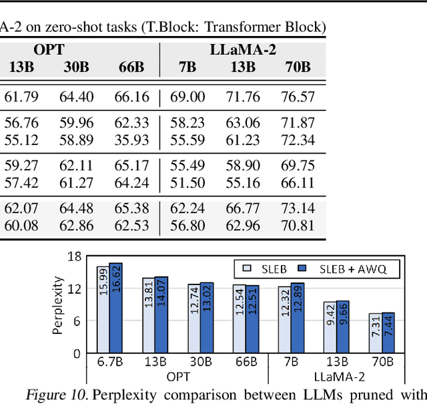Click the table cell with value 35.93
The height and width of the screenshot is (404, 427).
pyautogui.click(x=131, y=140)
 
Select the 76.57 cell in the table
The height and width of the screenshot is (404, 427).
pyautogui.click(x=298, y=97)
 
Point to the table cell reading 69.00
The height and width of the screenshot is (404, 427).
pyautogui.click(x=187, y=97)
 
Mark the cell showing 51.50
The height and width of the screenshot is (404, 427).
pyautogui.click(x=187, y=182)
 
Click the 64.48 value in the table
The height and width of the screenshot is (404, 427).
pyautogui.click(x=77, y=208)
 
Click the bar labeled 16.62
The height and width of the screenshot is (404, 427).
pyautogui.click(x=116, y=308)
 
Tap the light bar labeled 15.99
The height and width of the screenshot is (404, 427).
pyautogui.click(x=103, y=310)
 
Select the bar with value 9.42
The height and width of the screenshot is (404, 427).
pyautogui.click(x=329, y=327)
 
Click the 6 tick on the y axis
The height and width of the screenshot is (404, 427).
pyautogui.click(x=77, y=321)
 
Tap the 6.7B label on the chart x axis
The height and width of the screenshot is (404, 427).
pyautogui.click(x=109, y=361)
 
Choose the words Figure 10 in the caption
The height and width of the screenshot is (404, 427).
pyautogui.click(x=56, y=395)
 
